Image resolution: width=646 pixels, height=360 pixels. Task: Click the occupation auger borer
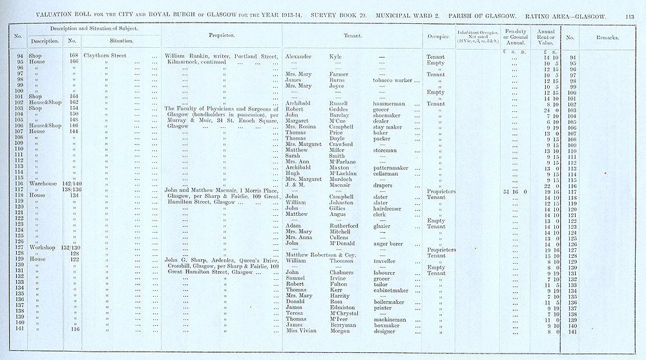tap(388, 244)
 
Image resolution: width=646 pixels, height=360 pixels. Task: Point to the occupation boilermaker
tap(389, 302)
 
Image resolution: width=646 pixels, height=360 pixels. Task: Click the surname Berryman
tap(344, 325)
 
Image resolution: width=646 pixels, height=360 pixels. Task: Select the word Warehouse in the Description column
tap(41, 185)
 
